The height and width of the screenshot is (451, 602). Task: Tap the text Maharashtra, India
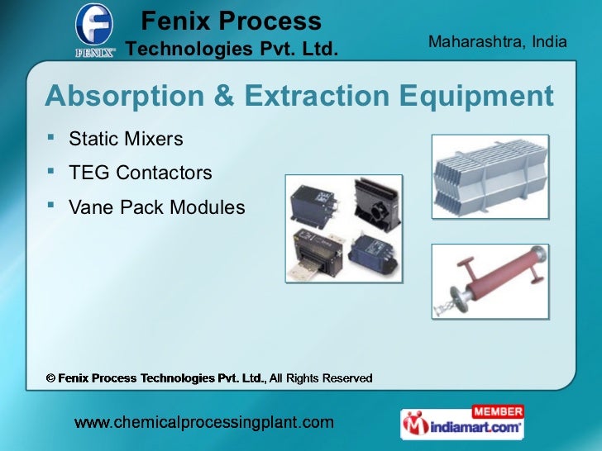tap(498, 40)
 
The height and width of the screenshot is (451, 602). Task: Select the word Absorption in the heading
tap(122, 97)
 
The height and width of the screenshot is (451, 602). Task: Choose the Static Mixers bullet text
tap(126, 139)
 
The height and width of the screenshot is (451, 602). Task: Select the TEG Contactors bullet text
tap(141, 173)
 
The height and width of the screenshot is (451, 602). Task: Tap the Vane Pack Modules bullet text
tap(157, 207)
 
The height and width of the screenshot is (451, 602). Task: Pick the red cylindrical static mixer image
tap(490, 282)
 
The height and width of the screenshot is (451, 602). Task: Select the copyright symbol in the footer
tap(50, 378)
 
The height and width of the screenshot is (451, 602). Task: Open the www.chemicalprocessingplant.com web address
tap(205, 423)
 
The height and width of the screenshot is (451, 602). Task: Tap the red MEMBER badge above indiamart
tap(497, 411)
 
